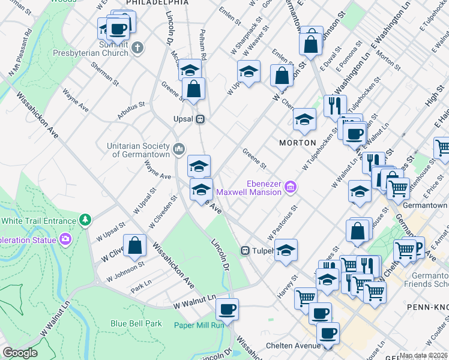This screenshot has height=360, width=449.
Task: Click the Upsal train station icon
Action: [202, 119]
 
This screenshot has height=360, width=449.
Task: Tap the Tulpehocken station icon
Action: [245, 250]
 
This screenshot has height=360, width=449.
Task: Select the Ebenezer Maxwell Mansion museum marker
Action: [291, 188]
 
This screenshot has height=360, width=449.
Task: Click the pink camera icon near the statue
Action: [65, 239]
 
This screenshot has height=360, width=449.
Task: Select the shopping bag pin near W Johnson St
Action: [135, 245]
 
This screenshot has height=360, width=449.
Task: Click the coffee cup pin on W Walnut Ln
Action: [227, 310]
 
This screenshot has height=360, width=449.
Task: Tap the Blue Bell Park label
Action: [136, 323]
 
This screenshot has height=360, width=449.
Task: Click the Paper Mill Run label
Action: [199, 325]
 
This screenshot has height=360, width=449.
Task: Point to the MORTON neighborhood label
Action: [298, 143]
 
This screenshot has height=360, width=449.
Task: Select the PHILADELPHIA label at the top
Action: [157, 3]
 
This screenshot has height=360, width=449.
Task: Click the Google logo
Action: [20, 353]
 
